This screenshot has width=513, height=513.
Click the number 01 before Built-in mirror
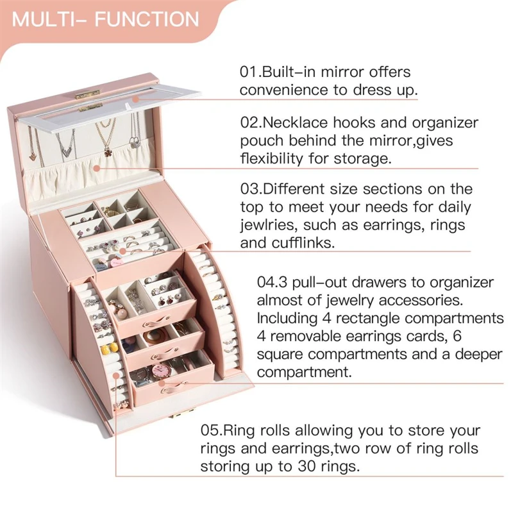[248, 71]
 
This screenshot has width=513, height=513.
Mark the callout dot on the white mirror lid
[136, 99]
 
